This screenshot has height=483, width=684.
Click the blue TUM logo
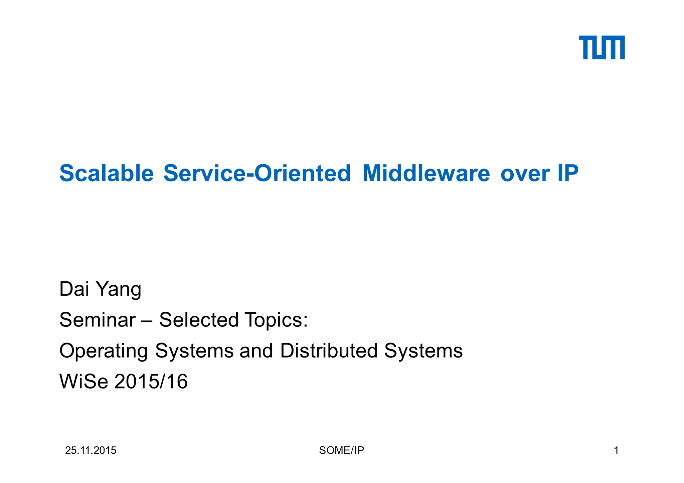[602, 47]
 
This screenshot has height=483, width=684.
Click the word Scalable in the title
[107, 173]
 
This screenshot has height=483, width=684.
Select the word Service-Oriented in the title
[257, 173]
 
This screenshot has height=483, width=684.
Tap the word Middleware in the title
[426, 173]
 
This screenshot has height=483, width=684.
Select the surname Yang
[119, 290]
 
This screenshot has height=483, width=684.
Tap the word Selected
[199, 320]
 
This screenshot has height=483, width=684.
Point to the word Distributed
[329, 350]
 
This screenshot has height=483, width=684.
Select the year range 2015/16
[151, 382]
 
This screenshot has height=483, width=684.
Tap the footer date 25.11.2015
[91, 451]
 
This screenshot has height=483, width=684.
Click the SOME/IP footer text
[341, 451]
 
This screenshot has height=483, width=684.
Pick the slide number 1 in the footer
[616, 451]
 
